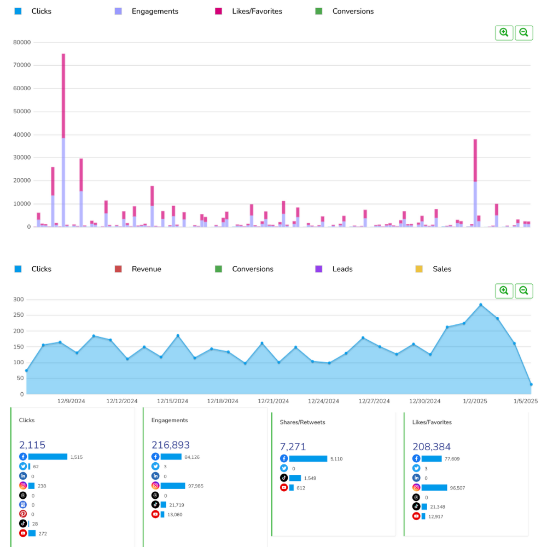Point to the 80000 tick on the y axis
point(22,42)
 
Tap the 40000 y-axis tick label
point(22,135)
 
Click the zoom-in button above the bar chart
point(504,33)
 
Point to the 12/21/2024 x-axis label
point(273,401)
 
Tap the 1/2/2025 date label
point(475,401)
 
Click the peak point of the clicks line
point(481,305)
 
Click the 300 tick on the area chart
point(19,299)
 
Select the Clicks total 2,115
point(32,445)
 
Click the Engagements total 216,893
point(171,445)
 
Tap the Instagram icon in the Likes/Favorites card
point(416,487)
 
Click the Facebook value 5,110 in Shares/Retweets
point(337,459)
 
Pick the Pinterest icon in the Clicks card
point(23,514)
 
